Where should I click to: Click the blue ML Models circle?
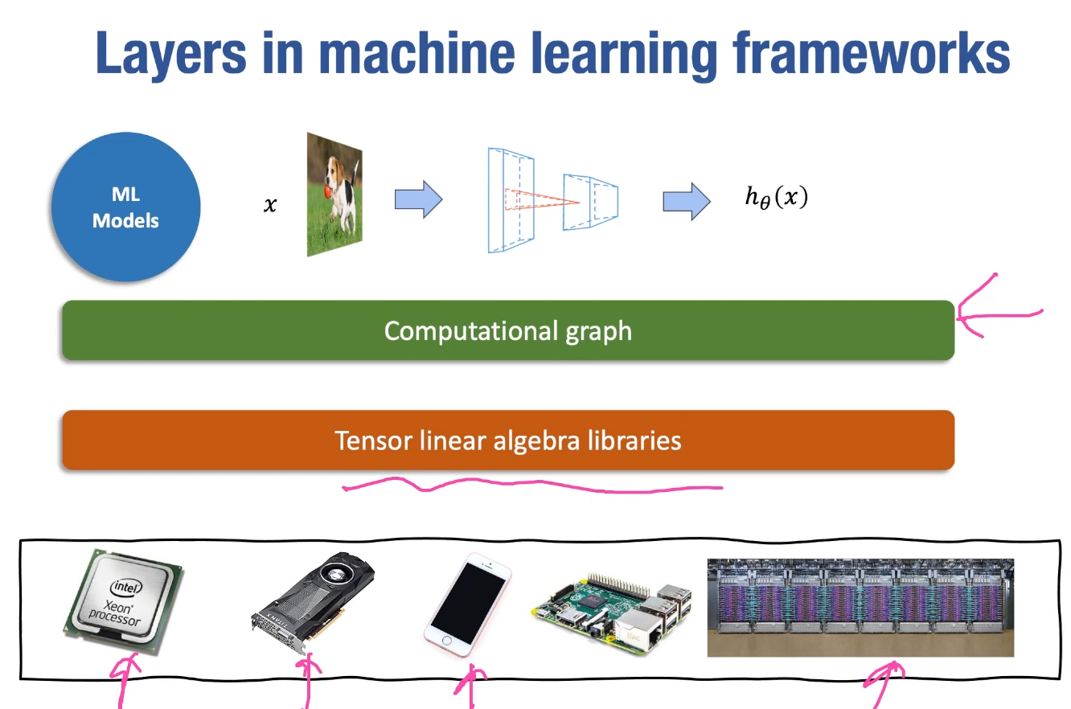[x=125, y=207]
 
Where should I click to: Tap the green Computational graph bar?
[x=507, y=330]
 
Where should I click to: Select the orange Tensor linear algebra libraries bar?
[x=507, y=441]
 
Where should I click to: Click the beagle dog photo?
[x=334, y=195]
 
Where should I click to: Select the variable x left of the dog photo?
[x=270, y=206]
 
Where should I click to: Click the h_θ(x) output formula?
[x=776, y=198]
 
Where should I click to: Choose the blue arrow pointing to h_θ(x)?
[x=686, y=201]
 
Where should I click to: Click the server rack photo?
[x=860, y=607]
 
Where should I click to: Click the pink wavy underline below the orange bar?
[x=531, y=485]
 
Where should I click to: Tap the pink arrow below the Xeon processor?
[x=125, y=679]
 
